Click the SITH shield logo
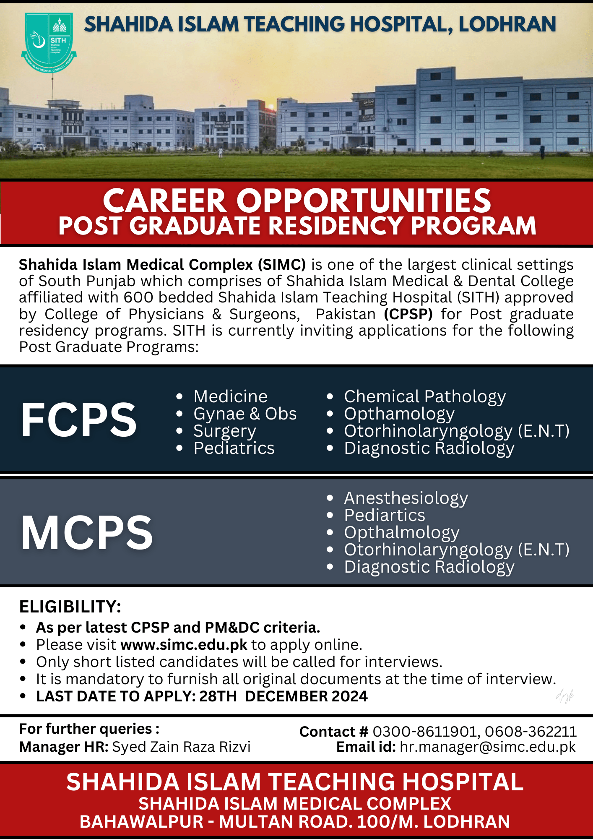coord(49,42)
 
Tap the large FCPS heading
coord(79,420)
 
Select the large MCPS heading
coord(87,533)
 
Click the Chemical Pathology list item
coord(425,396)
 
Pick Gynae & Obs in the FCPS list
coord(245,414)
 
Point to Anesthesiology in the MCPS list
coord(406,498)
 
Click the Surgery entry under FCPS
coord(225,431)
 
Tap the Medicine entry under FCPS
coord(230,396)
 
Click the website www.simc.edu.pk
coord(184,645)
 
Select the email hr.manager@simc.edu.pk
coord(487,747)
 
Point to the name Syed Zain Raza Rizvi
coord(181,747)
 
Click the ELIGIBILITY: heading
coord(70,607)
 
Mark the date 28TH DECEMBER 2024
coord(283,696)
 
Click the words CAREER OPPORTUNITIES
coord(296,201)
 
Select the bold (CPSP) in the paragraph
coord(408,314)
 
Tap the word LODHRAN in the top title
coord(507,24)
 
